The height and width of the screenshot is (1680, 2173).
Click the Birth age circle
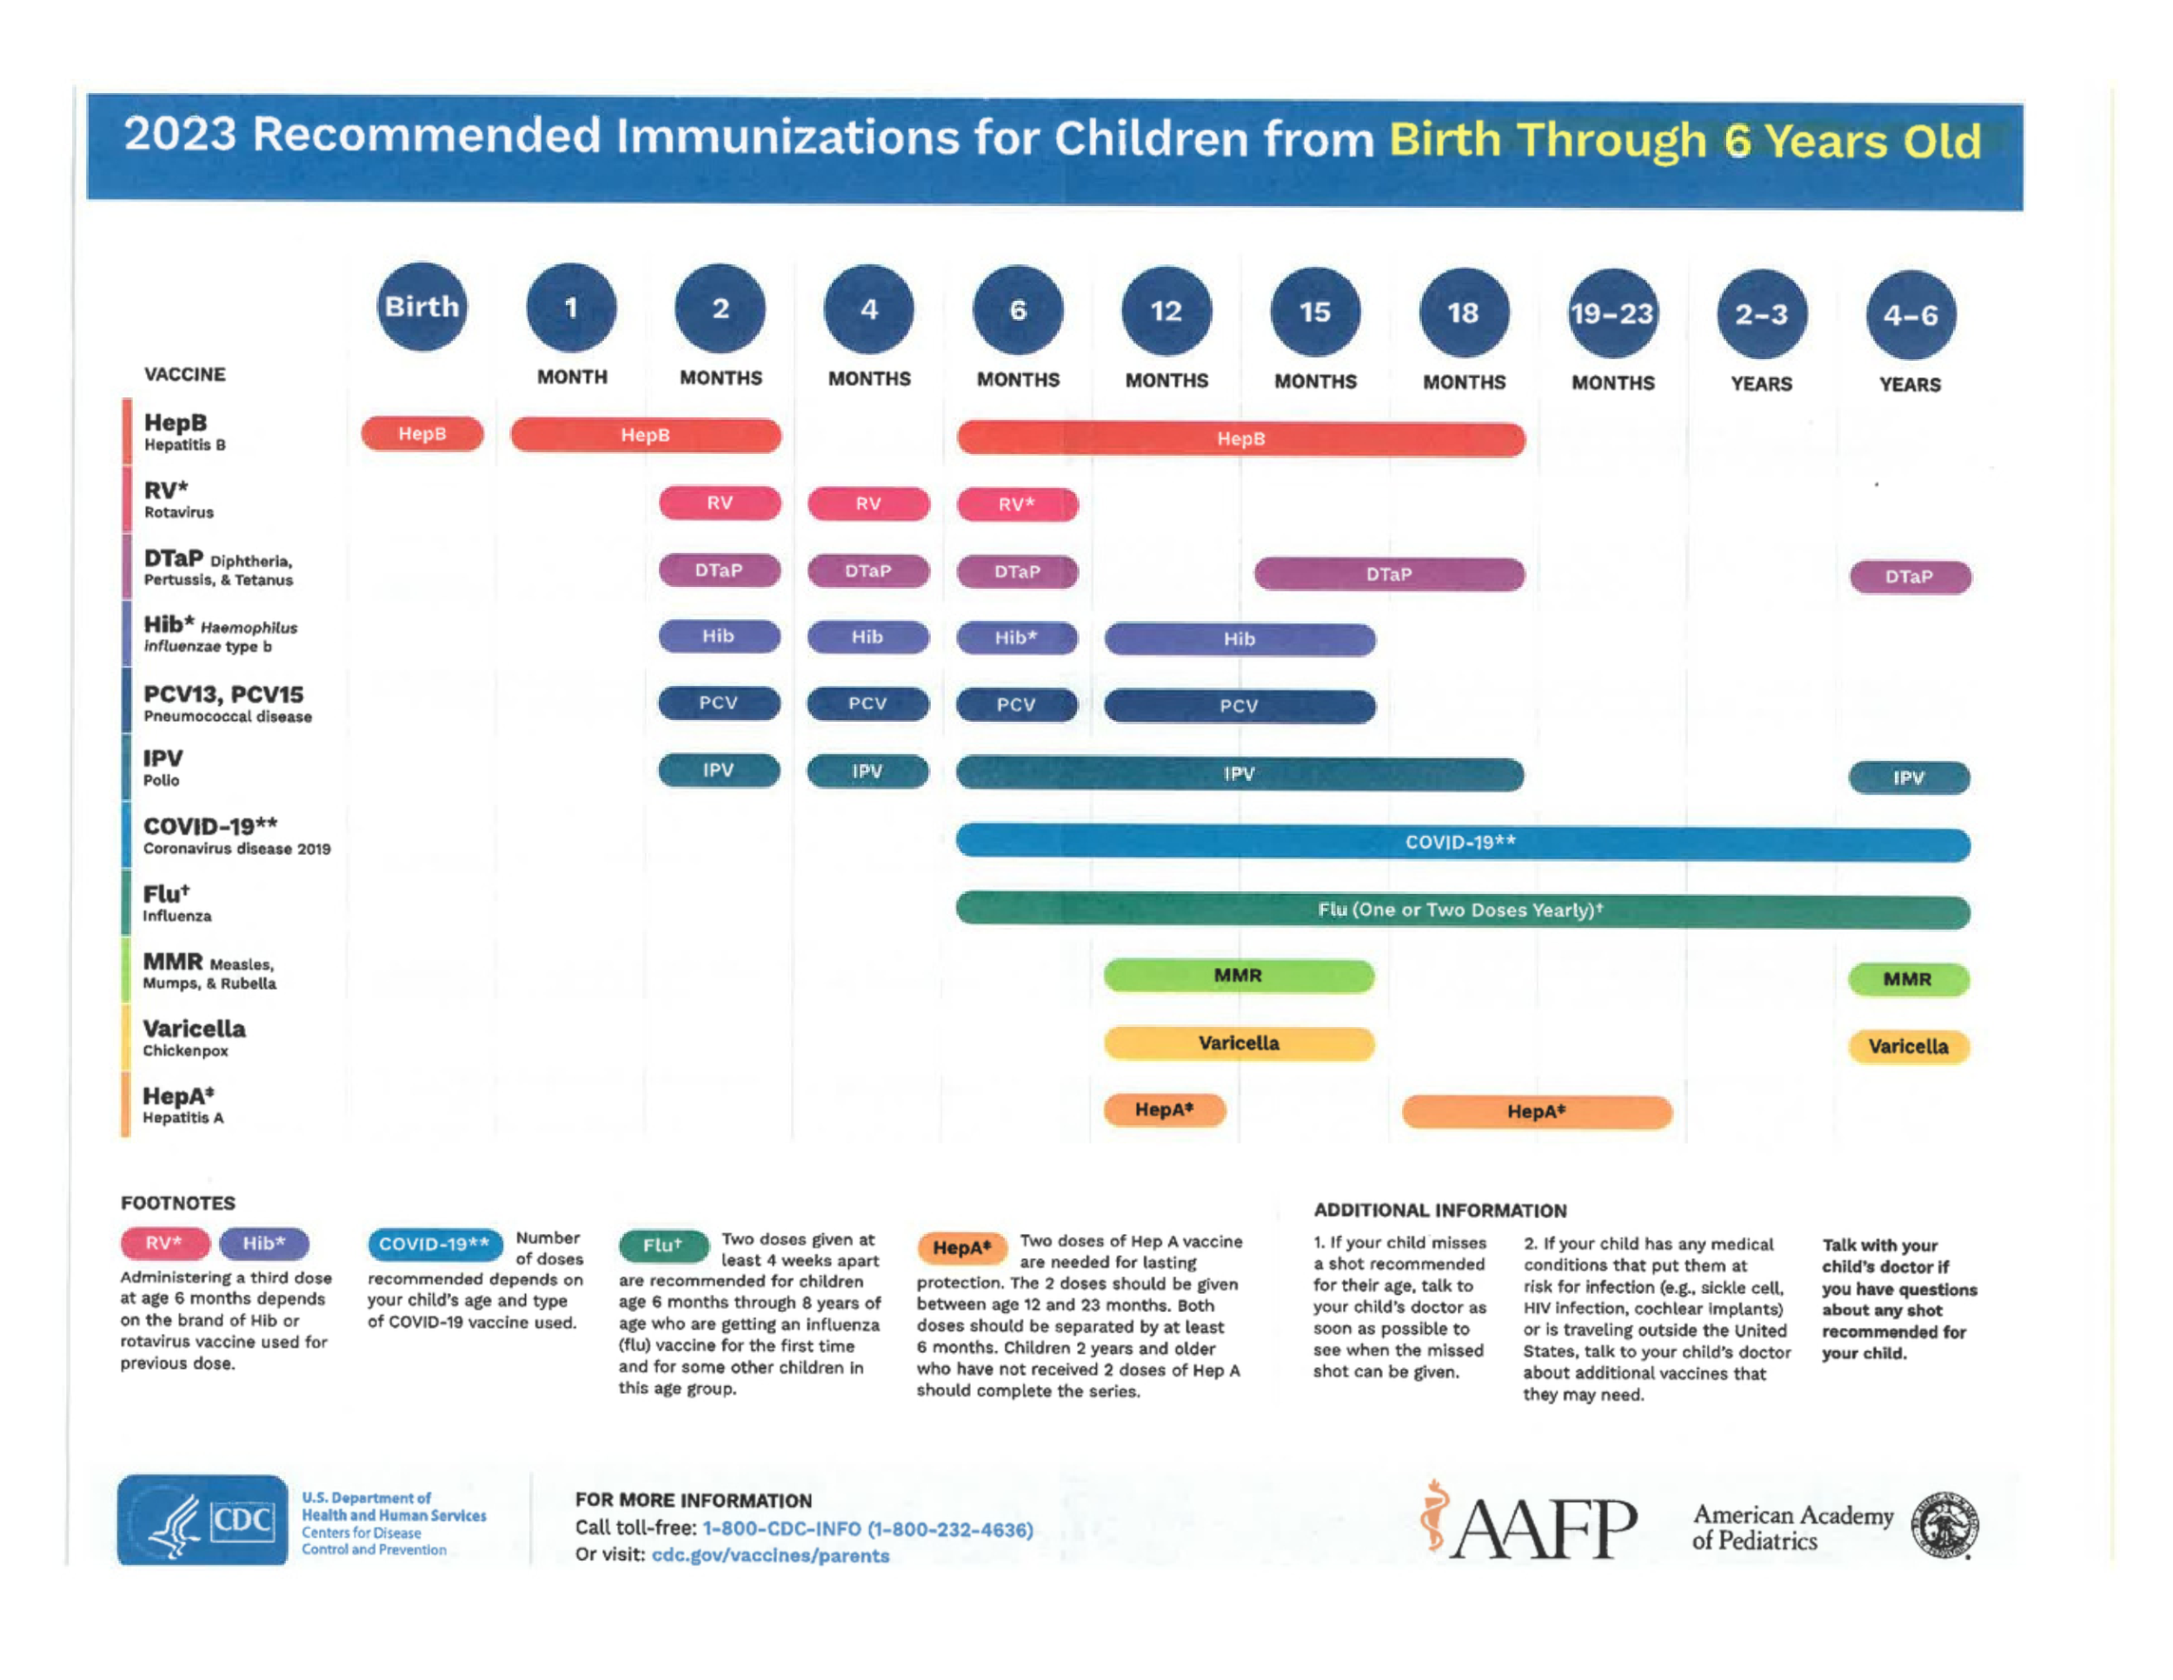click(422, 307)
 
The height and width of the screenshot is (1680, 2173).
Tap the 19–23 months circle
click(1611, 314)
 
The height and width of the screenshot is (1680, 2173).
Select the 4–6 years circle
click(1910, 316)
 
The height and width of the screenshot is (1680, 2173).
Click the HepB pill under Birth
click(422, 434)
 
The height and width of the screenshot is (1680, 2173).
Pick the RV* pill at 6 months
click(1017, 504)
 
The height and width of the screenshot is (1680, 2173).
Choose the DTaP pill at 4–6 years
click(1910, 577)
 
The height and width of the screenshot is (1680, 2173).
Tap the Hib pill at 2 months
click(718, 636)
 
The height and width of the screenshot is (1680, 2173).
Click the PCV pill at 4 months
click(867, 703)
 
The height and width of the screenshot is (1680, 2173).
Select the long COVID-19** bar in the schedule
click(1463, 843)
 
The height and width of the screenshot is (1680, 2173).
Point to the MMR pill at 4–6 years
click(1909, 979)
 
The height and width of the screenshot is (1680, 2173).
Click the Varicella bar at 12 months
click(1239, 1043)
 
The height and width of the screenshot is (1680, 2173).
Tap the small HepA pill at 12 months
click(1164, 1110)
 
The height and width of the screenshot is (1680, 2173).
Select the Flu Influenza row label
click(176, 903)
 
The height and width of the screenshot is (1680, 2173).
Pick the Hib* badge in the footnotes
click(263, 1243)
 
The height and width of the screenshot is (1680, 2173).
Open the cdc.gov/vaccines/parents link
click(770, 1556)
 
